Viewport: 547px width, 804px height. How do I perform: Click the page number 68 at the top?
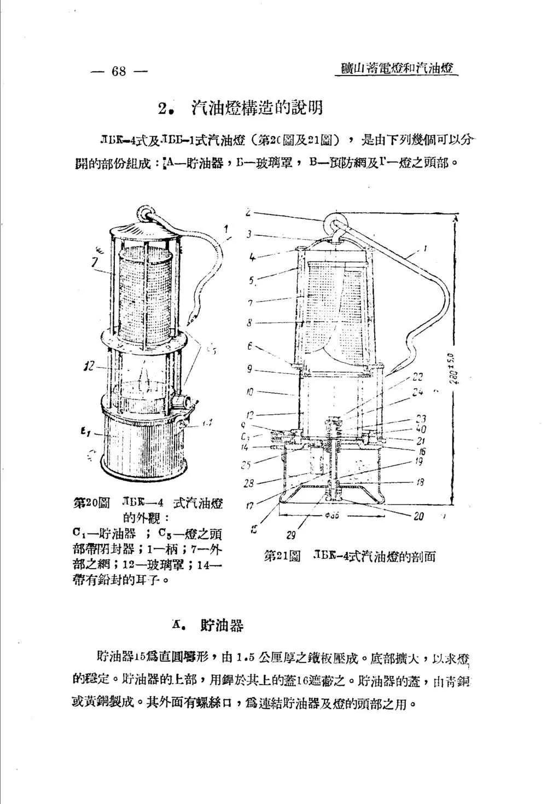[x=118, y=72]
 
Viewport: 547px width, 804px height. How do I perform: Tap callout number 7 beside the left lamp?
[x=94, y=263]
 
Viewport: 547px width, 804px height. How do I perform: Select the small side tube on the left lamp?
[x=182, y=402]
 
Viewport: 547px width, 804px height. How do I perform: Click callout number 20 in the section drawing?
[x=418, y=516]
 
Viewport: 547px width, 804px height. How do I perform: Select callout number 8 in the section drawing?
[x=249, y=323]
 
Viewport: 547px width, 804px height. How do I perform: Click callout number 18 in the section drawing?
[x=420, y=482]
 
